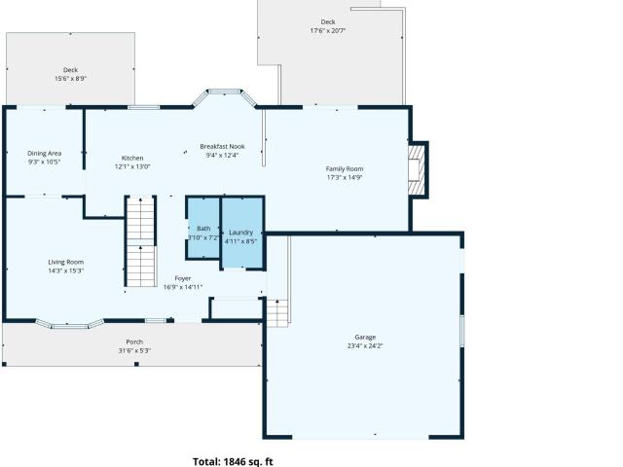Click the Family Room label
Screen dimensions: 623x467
click(x=345, y=168)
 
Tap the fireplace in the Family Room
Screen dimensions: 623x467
click(x=418, y=169)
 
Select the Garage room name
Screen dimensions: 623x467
click(x=365, y=338)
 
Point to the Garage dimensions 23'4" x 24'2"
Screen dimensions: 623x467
click(x=365, y=346)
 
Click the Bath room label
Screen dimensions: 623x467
click(x=203, y=229)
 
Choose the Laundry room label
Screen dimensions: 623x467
click(x=240, y=233)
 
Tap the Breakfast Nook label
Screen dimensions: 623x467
click(x=222, y=147)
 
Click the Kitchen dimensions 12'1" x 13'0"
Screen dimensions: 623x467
click(x=132, y=166)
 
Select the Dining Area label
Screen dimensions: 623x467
click(x=45, y=154)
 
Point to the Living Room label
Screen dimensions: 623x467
click(x=66, y=262)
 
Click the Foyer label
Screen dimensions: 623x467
click(x=183, y=278)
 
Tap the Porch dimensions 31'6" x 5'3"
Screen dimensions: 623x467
click(x=134, y=350)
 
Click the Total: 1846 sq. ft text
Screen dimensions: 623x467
click(x=233, y=461)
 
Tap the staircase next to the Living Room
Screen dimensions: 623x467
click(x=140, y=241)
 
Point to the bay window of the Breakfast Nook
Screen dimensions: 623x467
click(x=225, y=97)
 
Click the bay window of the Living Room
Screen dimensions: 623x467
click(x=70, y=324)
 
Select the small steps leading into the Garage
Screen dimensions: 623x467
click(x=276, y=313)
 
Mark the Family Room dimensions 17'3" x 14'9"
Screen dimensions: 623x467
click(x=345, y=177)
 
